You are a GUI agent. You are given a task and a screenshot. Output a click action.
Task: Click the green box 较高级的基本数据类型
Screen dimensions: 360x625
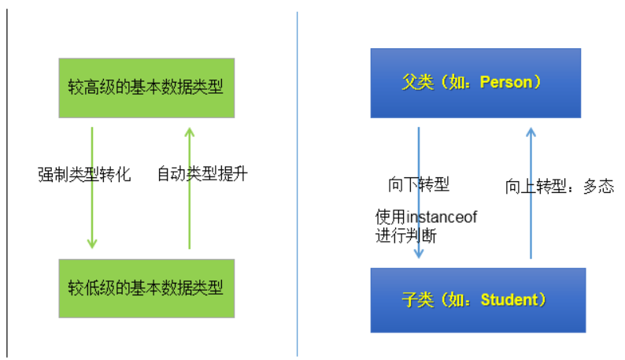pyautogui.click(x=146, y=87)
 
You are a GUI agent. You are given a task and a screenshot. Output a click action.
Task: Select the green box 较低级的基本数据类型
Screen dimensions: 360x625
pyautogui.click(x=146, y=288)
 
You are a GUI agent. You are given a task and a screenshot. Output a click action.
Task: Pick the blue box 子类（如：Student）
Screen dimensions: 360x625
pyautogui.click(x=479, y=299)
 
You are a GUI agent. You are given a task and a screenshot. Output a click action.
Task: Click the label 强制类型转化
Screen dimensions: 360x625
pyautogui.click(x=83, y=173)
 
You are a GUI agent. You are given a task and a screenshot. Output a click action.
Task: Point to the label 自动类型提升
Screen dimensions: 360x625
pyautogui.click(x=202, y=173)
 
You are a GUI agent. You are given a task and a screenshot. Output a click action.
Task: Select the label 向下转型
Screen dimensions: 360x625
pyautogui.click(x=419, y=185)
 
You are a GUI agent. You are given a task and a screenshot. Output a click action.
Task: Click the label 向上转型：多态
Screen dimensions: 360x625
pyautogui.click(x=559, y=187)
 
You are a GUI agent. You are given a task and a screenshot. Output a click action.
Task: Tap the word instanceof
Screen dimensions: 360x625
pyautogui.click(x=442, y=217)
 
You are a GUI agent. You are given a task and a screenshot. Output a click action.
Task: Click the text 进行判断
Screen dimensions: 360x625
pyautogui.click(x=406, y=235)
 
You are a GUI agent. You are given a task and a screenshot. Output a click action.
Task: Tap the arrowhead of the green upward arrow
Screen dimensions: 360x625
pyautogui.click(x=189, y=132)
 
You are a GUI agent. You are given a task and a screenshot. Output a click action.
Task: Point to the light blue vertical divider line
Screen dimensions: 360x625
pyautogui.click(x=297, y=181)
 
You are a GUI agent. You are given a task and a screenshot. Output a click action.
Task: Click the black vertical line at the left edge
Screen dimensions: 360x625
pyautogui.click(x=7, y=181)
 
